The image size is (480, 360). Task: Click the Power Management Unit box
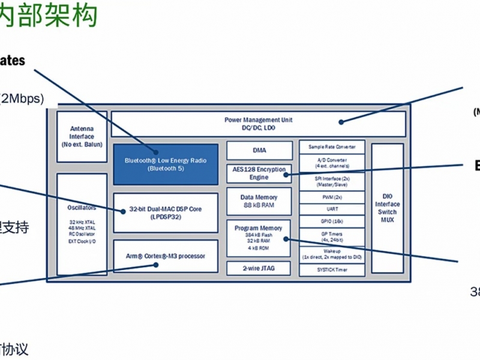click(258, 123)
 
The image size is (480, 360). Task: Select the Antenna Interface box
click(82, 136)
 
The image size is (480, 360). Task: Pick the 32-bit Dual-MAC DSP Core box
click(165, 212)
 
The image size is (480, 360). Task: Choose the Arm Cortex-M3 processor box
click(165, 256)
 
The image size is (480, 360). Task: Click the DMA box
click(259, 150)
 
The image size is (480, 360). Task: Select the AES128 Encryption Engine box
click(259, 173)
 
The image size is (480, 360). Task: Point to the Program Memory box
click(259, 238)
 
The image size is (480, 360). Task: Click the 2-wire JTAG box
click(259, 268)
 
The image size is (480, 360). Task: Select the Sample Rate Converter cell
click(332, 147)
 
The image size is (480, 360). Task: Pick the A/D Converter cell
click(332, 163)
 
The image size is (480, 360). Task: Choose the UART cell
click(332, 209)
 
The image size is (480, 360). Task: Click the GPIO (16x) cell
click(332, 221)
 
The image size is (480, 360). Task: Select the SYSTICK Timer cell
click(332, 270)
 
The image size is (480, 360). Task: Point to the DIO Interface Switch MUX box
click(387, 208)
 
